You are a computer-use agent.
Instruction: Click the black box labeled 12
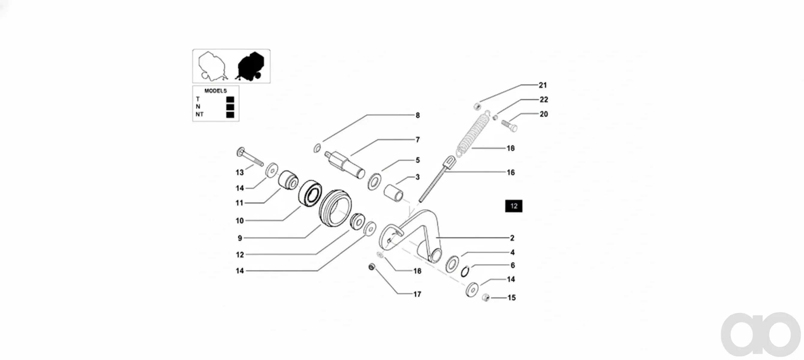pyautogui.click(x=514, y=206)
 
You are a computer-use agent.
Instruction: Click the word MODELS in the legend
pyautogui.click(x=215, y=91)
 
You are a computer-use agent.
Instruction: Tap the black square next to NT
pyautogui.click(x=230, y=115)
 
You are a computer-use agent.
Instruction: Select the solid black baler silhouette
pyautogui.click(x=251, y=66)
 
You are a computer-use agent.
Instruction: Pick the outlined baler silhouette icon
pyautogui.click(x=213, y=66)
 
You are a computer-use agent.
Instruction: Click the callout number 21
pyautogui.click(x=543, y=85)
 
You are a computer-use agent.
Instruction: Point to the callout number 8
pyautogui.click(x=418, y=115)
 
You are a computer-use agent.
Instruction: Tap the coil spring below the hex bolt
pyautogui.click(x=471, y=133)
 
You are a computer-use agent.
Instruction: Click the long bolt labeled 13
pyautogui.click(x=250, y=157)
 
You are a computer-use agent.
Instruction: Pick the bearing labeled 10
pyautogui.click(x=310, y=193)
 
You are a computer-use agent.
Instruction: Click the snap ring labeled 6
pyautogui.click(x=465, y=271)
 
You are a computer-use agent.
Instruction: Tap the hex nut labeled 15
pyautogui.click(x=486, y=298)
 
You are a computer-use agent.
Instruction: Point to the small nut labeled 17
pyautogui.click(x=371, y=267)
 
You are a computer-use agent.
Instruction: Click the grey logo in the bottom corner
pyautogui.click(x=761, y=334)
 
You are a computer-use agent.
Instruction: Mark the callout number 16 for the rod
pyautogui.click(x=511, y=172)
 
